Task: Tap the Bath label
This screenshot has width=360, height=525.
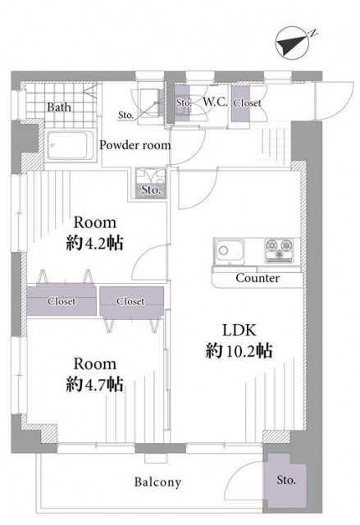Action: pos(59,107)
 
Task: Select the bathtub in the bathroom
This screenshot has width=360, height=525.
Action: pos(71,145)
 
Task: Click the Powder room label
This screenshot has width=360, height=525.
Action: pos(135,145)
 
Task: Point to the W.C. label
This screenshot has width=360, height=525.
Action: pos(215,102)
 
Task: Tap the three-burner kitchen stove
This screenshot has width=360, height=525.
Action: pos(280,250)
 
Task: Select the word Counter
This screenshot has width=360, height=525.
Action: pos(257,278)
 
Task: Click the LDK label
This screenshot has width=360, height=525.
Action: pos(239,331)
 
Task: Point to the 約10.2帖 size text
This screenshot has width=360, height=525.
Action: pos(239,351)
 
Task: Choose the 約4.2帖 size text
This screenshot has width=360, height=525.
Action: pos(94,243)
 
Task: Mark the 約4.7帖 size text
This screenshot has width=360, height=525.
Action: pos(94,385)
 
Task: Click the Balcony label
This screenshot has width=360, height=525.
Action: pos(157,482)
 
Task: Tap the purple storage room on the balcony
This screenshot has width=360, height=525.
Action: pos(285,480)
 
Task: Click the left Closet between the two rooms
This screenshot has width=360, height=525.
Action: pos(62,301)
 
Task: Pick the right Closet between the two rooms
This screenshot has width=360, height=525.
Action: pos(131,301)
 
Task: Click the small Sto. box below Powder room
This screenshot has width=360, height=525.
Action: pos(151,183)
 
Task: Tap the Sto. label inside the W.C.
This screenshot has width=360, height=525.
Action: pos(184,103)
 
